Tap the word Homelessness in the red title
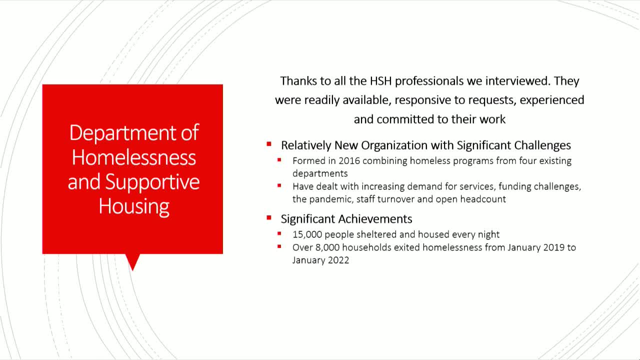pyautogui.click(x=133, y=157)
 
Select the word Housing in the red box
pyautogui.click(x=133, y=205)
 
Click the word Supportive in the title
pyautogui.click(x=152, y=181)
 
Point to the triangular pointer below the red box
pyautogui.click(x=132, y=261)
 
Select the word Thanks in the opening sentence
pyautogui.click(x=296, y=81)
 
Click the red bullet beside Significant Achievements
pyautogui.click(x=269, y=218)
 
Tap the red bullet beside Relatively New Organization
pyautogui.click(x=269, y=144)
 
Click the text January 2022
pyautogui.click(x=320, y=260)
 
